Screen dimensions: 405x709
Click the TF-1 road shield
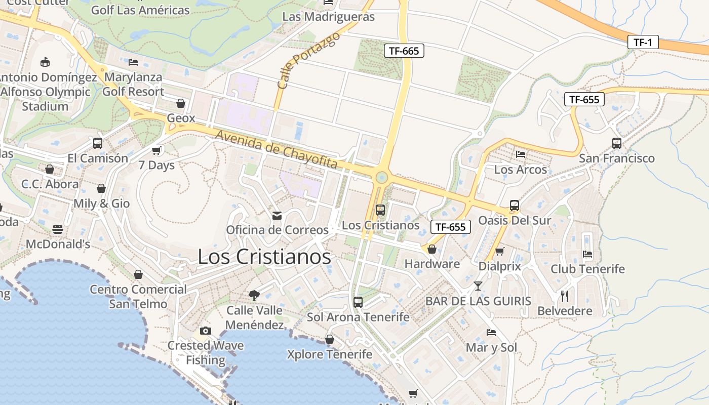[643, 42]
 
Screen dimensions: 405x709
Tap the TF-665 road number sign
[404, 51]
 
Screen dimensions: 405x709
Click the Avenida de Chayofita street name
[277, 150]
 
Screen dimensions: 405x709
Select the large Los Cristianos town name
[264, 257]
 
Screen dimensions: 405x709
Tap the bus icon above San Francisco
[616, 143]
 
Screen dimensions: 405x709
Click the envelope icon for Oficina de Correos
[277, 216]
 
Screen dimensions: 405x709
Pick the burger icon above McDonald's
[58, 229]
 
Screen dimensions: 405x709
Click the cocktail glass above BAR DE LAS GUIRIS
[478, 286]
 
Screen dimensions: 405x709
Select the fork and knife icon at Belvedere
[565, 296]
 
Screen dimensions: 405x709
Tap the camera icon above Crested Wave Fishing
[205, 331]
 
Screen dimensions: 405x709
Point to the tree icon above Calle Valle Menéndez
[254, 295]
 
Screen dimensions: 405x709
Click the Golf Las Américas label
[140, 10]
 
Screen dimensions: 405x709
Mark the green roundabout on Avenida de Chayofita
[381, 178]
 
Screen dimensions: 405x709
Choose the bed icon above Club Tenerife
[587, 254]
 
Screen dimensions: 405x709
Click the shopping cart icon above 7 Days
[156, 150]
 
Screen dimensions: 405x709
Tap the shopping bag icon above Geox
[181, 103]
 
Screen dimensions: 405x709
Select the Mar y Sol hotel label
[491, 348]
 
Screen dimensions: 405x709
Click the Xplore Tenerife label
[329, 354]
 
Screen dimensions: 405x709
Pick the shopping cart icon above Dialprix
[499, 252]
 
